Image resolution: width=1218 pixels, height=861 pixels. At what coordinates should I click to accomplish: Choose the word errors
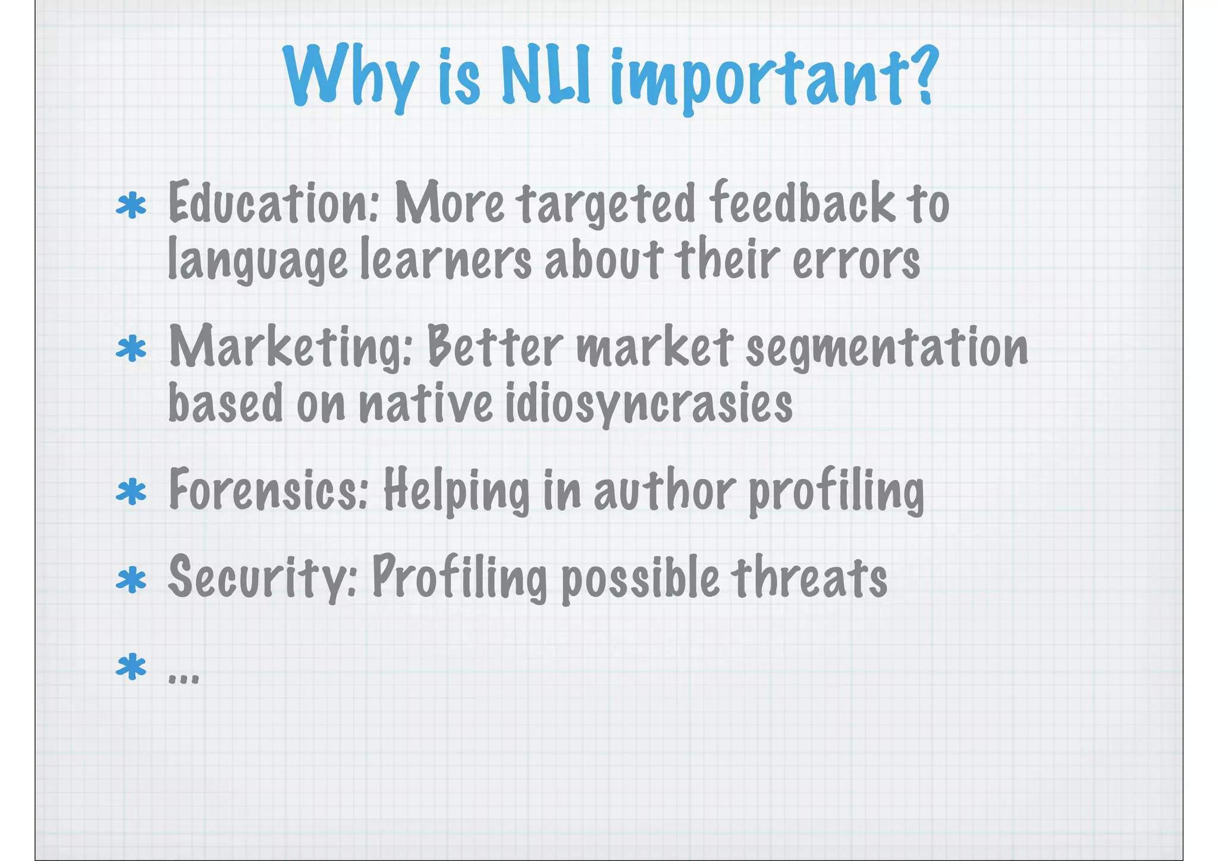(856, 260)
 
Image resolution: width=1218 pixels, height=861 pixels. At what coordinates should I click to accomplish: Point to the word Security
(262, 577)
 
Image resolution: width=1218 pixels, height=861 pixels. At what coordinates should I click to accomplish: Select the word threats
(808, 577)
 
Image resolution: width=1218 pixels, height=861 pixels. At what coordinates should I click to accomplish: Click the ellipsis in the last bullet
(184, 678)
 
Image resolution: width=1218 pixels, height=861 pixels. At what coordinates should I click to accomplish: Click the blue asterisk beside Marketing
(131, 349)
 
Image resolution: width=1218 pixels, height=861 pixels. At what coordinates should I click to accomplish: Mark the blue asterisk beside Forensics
(131, 493)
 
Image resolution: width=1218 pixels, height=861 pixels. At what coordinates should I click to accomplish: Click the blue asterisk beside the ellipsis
(131, 667)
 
